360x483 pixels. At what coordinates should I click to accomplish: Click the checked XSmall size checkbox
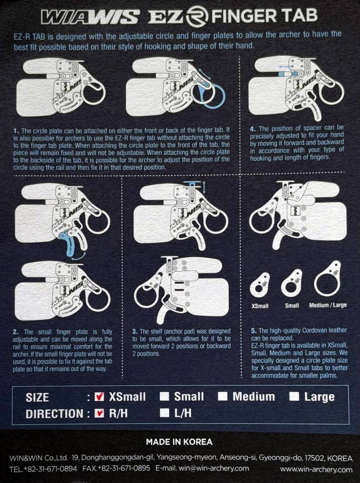[99, 396]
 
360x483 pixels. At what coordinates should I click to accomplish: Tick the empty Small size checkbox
[164, 396]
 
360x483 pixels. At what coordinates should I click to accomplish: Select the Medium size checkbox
[223, 396]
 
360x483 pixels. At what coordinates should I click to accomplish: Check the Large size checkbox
[294, 396]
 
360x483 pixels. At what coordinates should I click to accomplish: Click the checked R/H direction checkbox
[99, 413]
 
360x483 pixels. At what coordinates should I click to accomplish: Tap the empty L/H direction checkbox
[164, 413]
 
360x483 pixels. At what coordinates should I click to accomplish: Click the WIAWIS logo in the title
[91, 17]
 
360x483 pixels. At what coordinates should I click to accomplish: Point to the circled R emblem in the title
[198, 16]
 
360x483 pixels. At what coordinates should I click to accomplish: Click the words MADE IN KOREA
[179, 442]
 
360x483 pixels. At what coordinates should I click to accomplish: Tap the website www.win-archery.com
[316, 469]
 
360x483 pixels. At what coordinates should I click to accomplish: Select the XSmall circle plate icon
[260, 284]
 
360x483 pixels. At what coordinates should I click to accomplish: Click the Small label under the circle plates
[292, 305]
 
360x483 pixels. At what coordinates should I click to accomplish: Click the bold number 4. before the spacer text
[253, 129]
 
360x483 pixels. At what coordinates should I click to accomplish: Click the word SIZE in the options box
[37, 398]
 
